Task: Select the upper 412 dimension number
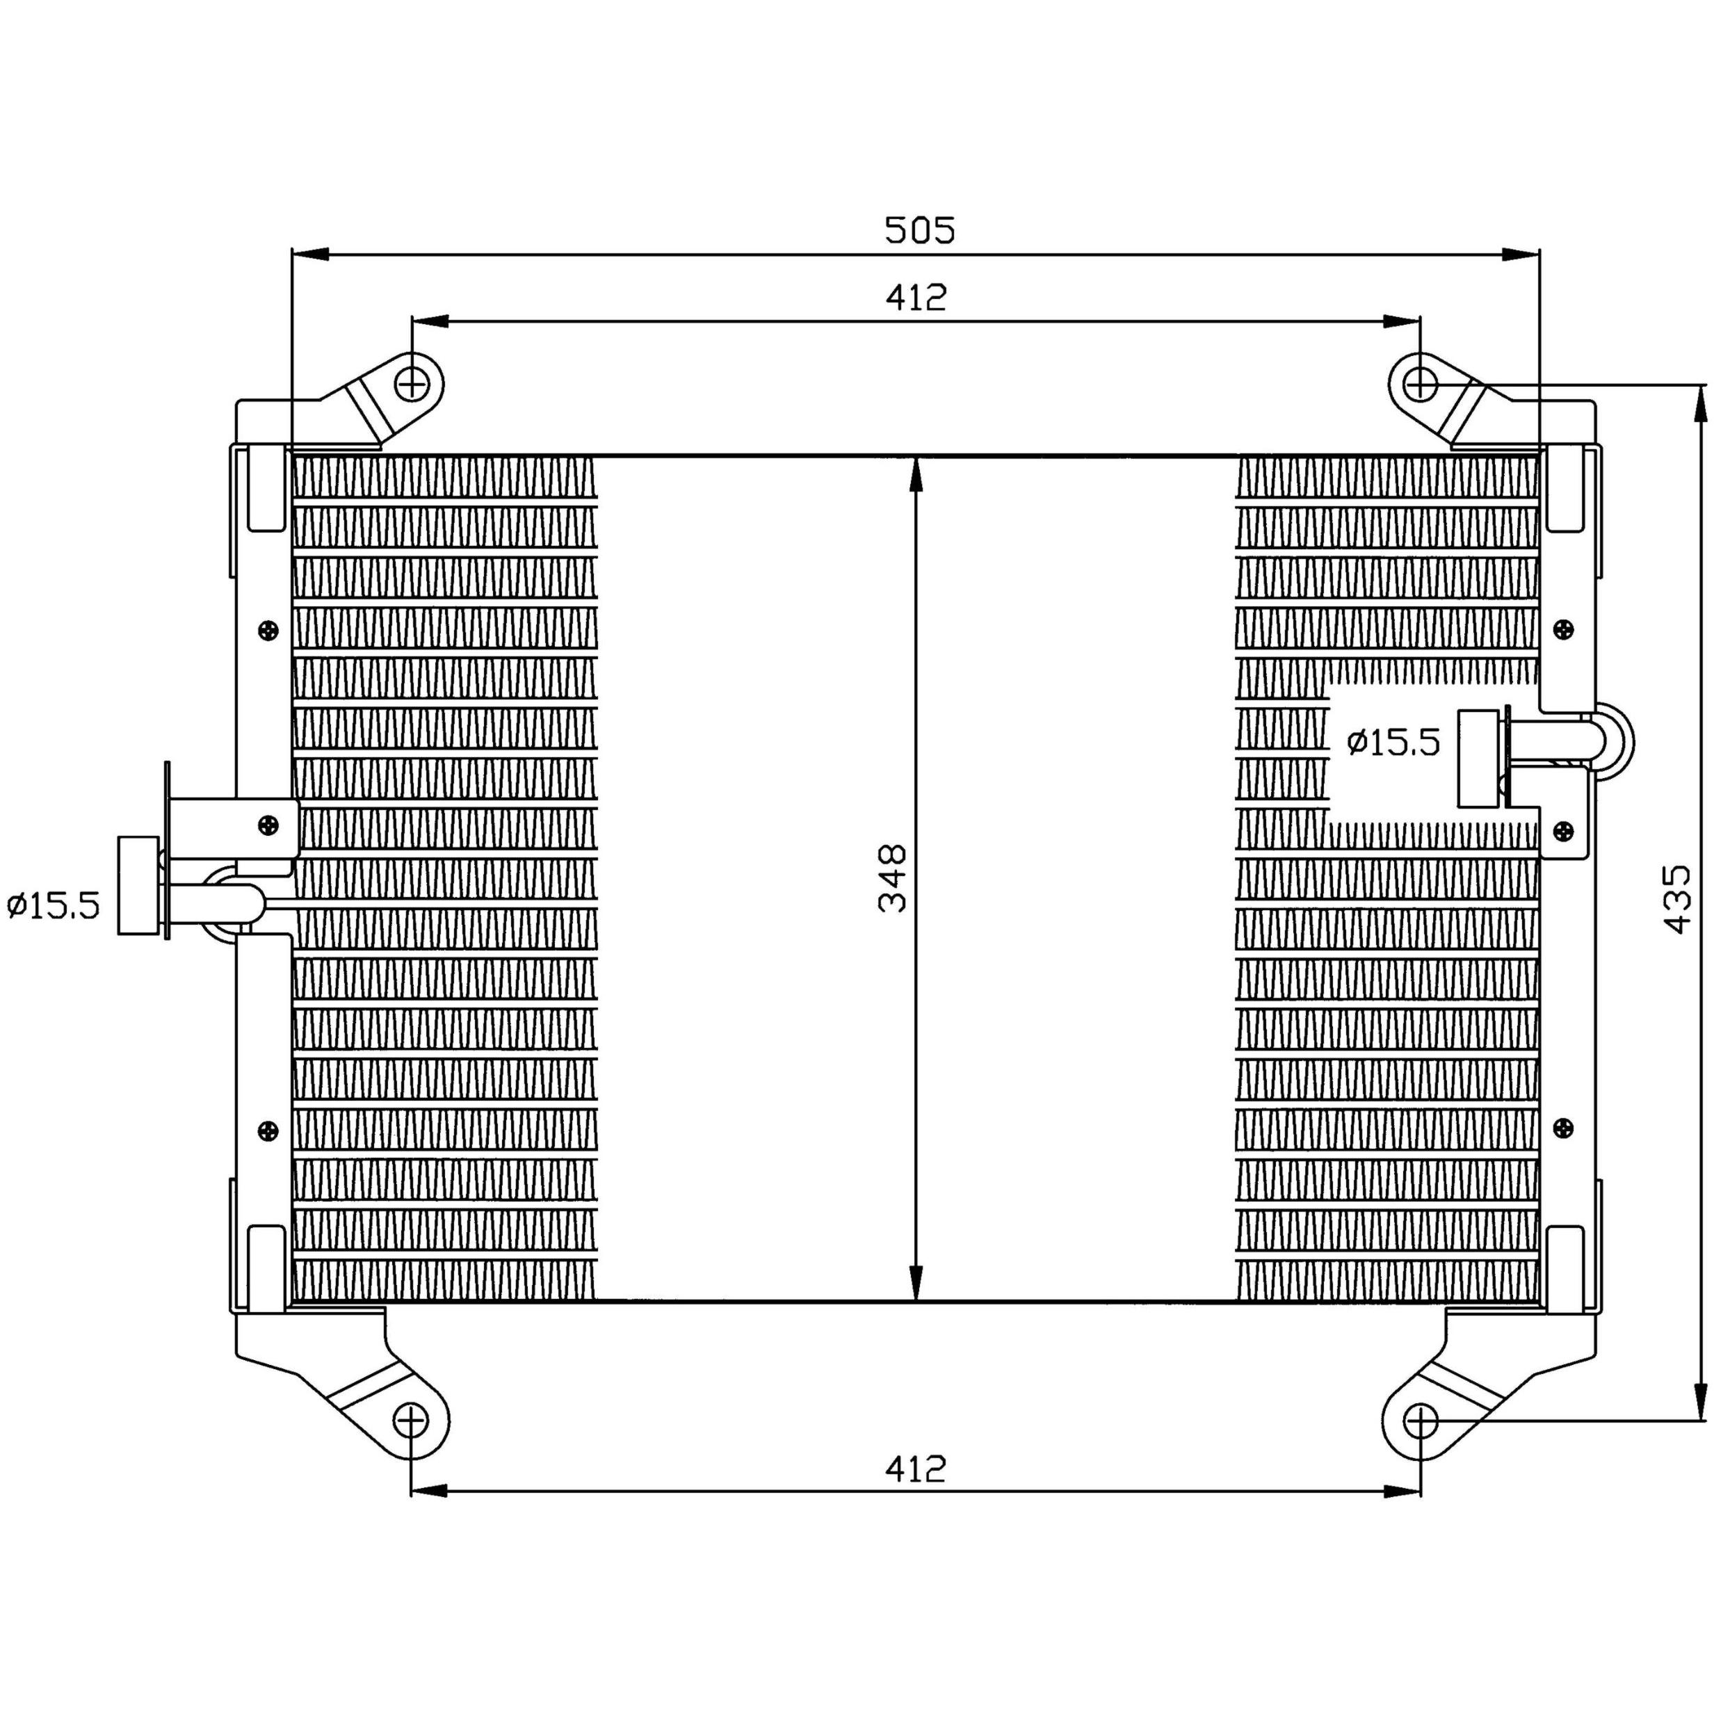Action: coord(916,298)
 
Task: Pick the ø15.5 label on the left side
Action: coord(54,906)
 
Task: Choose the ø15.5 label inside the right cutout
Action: coord(1393,742)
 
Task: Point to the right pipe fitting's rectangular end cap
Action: coord(1478,759)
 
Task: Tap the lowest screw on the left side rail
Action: coord(268,1130)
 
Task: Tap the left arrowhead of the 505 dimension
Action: coord(311,255)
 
